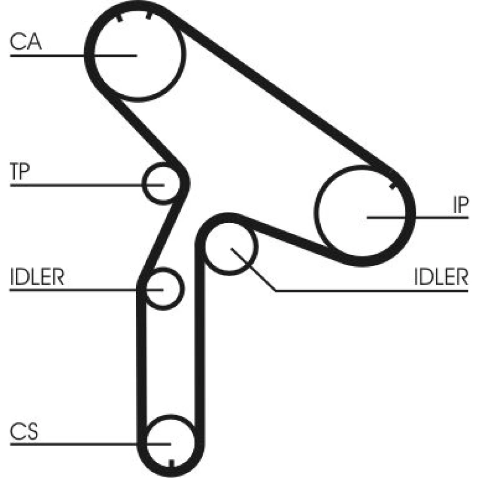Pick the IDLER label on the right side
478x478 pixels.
(441, 277)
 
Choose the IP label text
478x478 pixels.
(461, 206)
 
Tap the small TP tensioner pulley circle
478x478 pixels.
(162, 183)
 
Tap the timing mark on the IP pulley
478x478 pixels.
(392, 185)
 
